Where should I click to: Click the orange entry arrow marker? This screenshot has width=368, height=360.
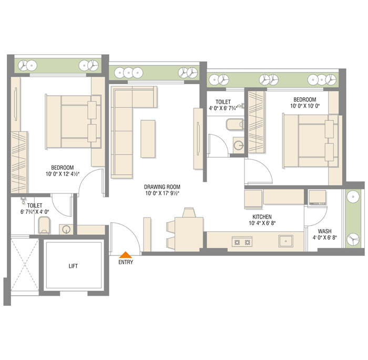coord(126,255)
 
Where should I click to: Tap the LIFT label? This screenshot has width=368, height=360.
coord(73,266)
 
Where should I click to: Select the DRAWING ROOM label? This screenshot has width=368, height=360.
coord(162,187)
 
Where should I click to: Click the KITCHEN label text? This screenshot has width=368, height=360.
coord(262,217)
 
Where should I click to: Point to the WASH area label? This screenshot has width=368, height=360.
coord(324,231)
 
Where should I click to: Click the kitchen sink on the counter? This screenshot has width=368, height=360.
coord(285,241)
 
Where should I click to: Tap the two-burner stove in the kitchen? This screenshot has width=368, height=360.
coord(242,242)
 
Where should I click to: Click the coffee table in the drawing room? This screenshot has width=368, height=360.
coord(148,139)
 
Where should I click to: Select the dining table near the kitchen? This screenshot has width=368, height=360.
coord(189,234)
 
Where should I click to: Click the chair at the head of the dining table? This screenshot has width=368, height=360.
coord(189,212)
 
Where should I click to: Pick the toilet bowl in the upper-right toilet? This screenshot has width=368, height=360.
coord(234,124)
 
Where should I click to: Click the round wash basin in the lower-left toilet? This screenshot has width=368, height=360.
coord(66,230)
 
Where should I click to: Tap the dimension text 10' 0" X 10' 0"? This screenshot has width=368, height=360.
coord(305,106)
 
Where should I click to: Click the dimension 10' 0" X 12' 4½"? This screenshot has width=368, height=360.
coord(63,174)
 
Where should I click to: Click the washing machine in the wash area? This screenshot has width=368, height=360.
coord(318,198)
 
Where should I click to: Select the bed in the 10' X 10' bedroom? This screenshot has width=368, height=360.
coord(311,141)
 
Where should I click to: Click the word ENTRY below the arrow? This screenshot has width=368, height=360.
coord(126,262)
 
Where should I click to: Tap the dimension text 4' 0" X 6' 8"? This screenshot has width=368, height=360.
coord(324,238)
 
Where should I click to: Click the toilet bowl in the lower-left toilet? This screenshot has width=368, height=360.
coord(44,225)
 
